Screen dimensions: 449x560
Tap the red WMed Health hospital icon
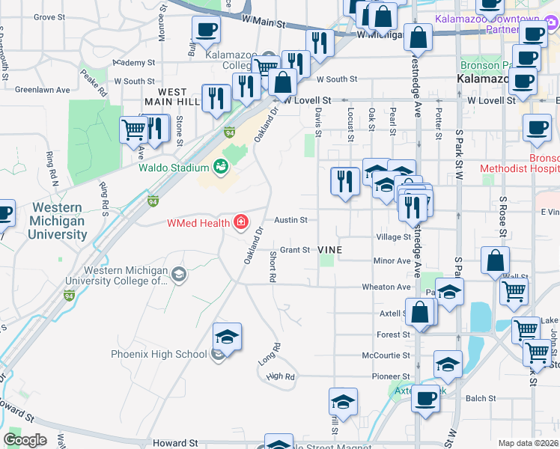tap(240, 222)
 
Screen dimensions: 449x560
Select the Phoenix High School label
tap(159, 354)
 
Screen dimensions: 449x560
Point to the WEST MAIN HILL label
tap(172, 97)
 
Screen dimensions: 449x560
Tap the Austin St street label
tap(291, 220)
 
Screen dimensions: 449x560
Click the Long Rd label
tap(270, 353)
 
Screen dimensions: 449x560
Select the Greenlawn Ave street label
tap(42, 90)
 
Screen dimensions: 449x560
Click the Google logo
tap(25, 439)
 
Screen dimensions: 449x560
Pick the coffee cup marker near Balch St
tap(426, 397)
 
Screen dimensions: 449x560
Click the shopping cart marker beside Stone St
tap(134, 129)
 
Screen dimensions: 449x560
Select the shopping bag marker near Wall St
tap(496, 262)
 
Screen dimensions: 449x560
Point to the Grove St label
tap(49, 16)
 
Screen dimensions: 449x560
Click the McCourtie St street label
tap(386, 355)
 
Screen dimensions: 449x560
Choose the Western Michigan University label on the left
tap(58, 222)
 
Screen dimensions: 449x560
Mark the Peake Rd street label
tap(95, 79)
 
